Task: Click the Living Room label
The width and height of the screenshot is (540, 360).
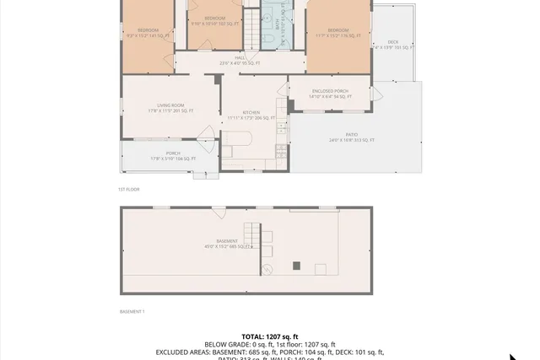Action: click(x=170, y=105)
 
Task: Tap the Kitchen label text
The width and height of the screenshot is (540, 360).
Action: click(x=251, y=112)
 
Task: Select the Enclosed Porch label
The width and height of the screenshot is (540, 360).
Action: click(x=329, y=91)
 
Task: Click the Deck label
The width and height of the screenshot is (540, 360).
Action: click(x=393, y=42)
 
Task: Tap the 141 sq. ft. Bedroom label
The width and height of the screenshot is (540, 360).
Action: click(x=148, y=31)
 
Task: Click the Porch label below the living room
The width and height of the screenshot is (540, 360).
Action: click(x=172, y=153)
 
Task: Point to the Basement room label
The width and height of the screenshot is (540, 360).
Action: click(x=226, y=241)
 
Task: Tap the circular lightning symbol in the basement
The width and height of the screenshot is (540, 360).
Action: click(x=267, y=270)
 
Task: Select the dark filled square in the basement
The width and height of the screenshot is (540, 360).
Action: click(x=295, y=266)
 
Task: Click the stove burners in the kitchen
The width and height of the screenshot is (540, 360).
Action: click(x=279, y=152)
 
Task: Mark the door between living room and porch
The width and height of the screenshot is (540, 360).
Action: click(x=206, y=133)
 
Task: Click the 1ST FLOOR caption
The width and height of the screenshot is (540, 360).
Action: click(x=128, y=190)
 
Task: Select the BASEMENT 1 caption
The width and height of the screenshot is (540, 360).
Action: click(x=132, y=311)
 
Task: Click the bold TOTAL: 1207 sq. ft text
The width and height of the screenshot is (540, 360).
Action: click(x=270, y=336)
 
